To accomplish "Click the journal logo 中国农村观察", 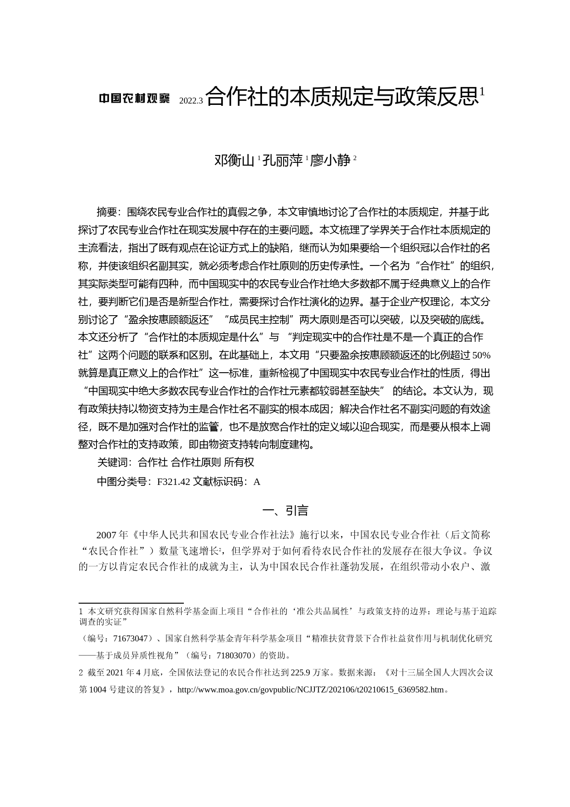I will click(135, 98).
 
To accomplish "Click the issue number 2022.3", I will click(190, 101).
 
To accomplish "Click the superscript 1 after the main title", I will click(482, 92).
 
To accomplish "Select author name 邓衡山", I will click(234, 161).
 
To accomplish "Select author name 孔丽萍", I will click(283, 161).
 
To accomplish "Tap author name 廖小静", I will click(331, 161).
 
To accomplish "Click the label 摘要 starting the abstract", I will click(108, 212).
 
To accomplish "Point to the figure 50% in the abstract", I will click(482, 355).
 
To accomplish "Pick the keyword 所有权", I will click(239, 462).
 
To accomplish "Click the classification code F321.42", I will click(173, 482).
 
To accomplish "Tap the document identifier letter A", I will click(257, 482).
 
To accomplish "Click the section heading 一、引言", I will click(285, 511).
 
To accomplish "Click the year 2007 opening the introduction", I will click(106, 535).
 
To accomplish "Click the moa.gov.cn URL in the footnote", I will click(310, 690).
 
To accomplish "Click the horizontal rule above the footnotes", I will click(131, 602).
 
